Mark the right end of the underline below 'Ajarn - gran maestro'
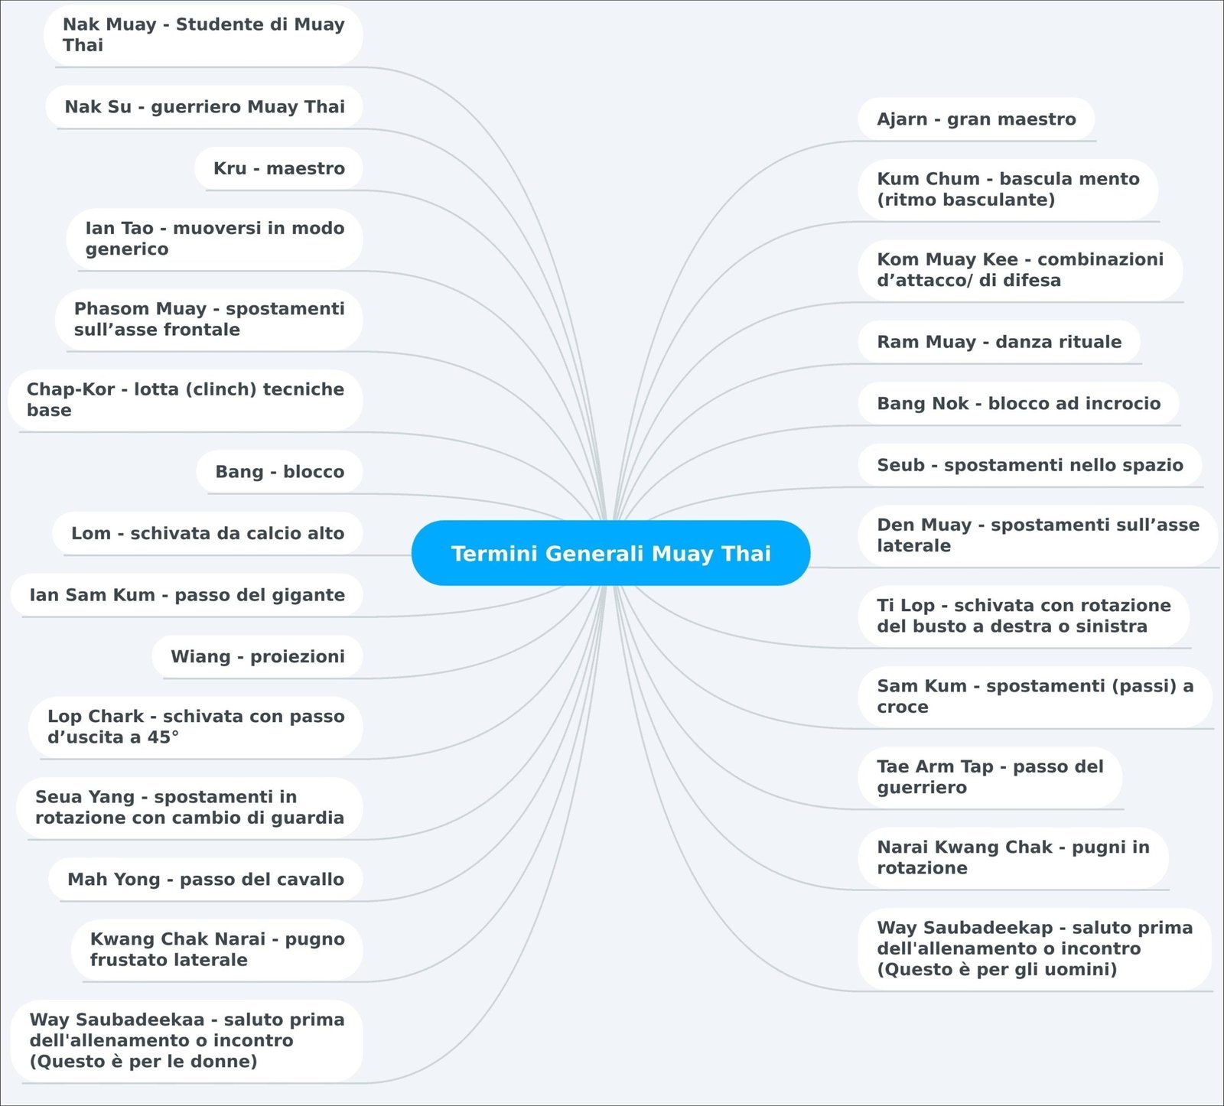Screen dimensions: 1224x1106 tap(1096, 141)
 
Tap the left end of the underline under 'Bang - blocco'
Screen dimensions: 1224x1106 tap(207, 493)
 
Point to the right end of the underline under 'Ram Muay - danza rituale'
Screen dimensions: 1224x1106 tap(1141, 363)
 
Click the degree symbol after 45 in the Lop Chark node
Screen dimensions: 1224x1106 tap(175, 734)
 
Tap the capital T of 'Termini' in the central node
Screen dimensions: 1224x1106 tap(457, 553)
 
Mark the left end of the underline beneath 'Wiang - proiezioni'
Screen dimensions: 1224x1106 tap(163, 678)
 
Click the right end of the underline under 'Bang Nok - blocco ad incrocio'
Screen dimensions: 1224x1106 tap(1180, 425)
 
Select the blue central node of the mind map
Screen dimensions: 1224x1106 tap(610, 553)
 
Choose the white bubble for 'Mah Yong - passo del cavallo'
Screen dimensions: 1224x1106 tap(205, 880)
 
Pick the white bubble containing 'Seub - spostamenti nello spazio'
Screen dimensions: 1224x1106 tap(1030, 465)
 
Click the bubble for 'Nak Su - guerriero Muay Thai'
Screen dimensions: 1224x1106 tap(203, 107)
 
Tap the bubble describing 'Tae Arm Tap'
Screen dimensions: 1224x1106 tap(990, 777)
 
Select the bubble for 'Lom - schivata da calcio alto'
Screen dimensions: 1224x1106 tap(207, 534)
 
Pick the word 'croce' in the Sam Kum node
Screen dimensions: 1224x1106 tap(903, 708)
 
